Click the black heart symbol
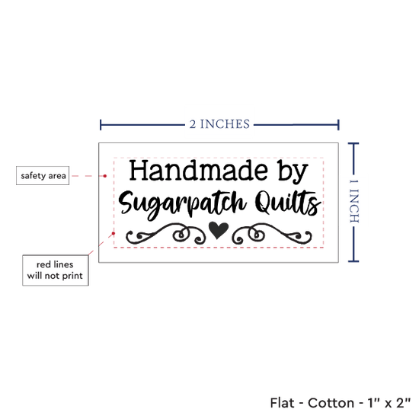(x=219, y=230)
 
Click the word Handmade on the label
(x=199, y=170)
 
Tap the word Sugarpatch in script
(x=182, y=204)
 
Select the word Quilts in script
(x=288, y=203)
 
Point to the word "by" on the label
(x=293, y=172)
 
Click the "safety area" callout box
(x=43, y=175)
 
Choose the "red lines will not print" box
(x=56, y=270)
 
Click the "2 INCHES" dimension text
(x=219, y=124)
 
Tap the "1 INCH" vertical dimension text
(x=354, y=201)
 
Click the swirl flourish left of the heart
(x=165, y=234)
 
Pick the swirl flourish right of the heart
(x=271, y=234)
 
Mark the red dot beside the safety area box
(x=105, y=176)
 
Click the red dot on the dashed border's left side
(x=114, y=234)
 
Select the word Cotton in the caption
(x=331, y=403)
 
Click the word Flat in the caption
(x=282, y=403)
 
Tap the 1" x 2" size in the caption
(x=389, y=403)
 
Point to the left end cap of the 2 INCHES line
(x=101, y=125)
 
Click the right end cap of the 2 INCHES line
(x=338, y=125)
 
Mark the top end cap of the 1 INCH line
(x=353, y=144)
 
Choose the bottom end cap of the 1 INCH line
(x=353, y=261)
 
